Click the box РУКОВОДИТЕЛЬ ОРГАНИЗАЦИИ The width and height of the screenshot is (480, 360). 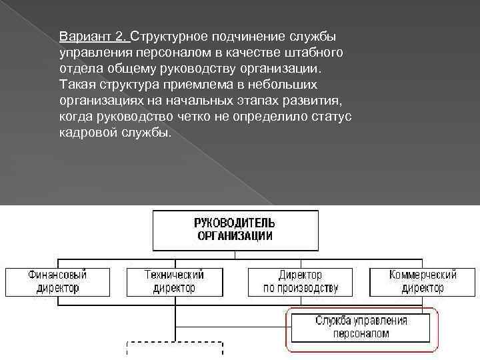(235, 229)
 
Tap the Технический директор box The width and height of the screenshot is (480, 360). (174, 281)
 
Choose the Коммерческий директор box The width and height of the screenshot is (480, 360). (422, 281)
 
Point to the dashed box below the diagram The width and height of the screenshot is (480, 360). (174, 351)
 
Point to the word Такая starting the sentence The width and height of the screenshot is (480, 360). (77, 85)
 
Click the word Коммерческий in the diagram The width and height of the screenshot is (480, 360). (422, 275)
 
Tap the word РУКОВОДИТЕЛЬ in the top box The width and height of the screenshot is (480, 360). (235, 223)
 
